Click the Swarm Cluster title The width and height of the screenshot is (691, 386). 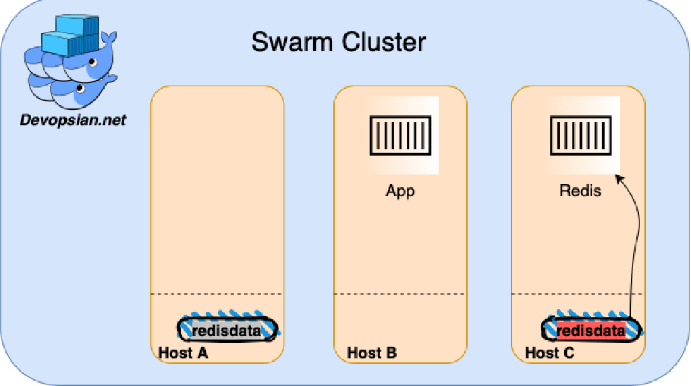[338, 42]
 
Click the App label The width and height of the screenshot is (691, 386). [400, 191]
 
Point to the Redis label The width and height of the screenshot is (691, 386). [580, 191]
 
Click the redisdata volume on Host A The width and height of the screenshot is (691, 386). [227, 329]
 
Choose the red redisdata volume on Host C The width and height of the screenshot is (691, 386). [591, 329]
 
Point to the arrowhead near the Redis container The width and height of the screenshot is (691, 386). [619, 178]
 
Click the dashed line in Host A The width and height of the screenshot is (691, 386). [217, 294]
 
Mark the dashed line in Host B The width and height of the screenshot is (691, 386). [400, 294]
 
